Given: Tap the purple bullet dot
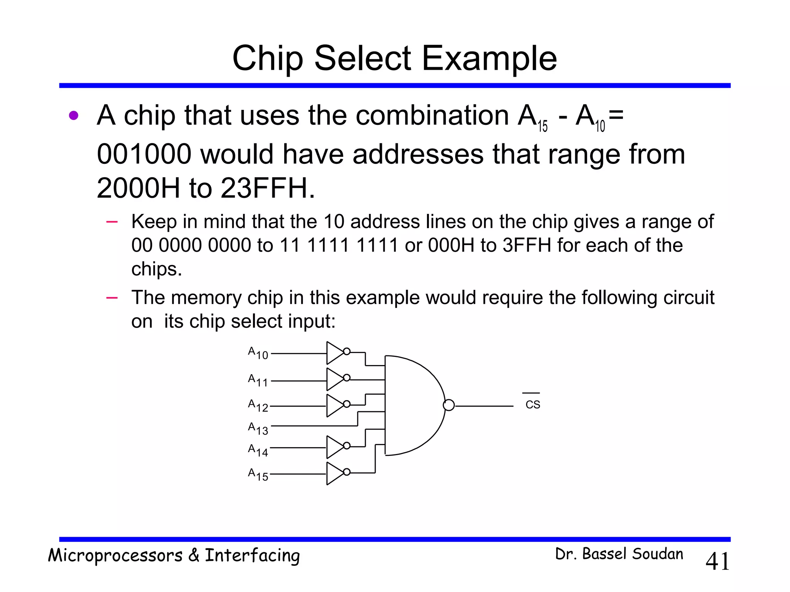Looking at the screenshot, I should tap(74, 116).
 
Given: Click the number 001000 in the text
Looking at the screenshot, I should tap(144, 154).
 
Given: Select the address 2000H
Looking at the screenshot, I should tap(138, 188).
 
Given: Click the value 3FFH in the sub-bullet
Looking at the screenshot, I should tap(527, 245).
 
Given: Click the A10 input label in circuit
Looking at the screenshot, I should tap(258, 353).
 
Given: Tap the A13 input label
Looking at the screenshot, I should tap(258, 428).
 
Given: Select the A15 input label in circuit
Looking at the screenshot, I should tap(258, 474).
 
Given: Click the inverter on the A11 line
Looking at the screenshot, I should tap(335, 379).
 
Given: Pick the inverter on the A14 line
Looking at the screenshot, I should tap(335, 447).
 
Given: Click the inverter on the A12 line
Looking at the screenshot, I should tap(335, 405).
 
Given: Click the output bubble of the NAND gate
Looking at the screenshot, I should tap(449, 405).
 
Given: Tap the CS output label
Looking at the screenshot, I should tap(533, 405).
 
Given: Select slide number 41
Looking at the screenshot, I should tap(717, 561).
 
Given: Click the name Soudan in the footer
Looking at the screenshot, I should tap(658, 554).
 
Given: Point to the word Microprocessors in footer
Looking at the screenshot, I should tap(115, 556).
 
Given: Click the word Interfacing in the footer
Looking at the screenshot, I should tap(252, 556).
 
